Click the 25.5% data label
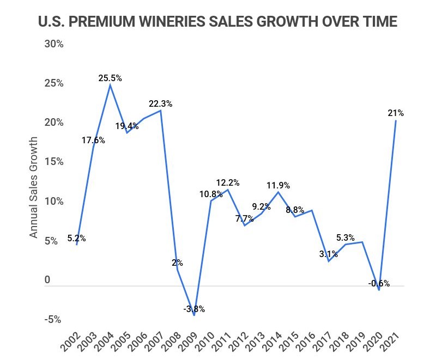pyautogui.click(x=110, y=78)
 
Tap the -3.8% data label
pyautogui.click(x=193, y=309)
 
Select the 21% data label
pyautogui.click(x=396, y=113)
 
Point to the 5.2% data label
pyautogui.click(x=76, y=238)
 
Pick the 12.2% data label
pyautogui.click(x=228, y=182)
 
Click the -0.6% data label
pyautogui.click(x=379, y=283)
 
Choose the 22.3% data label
pyautogui.click(x=161, y=104)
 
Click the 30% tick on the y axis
pyautogui.click(x=54, y=44)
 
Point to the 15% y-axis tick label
pyautogui.click(x=54, y=162)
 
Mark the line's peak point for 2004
pyautogui.click(x=110, y=85)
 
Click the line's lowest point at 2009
pyautogui.click(x=194, y=315)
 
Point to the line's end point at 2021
pyautogui.click(x=396, y=121)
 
